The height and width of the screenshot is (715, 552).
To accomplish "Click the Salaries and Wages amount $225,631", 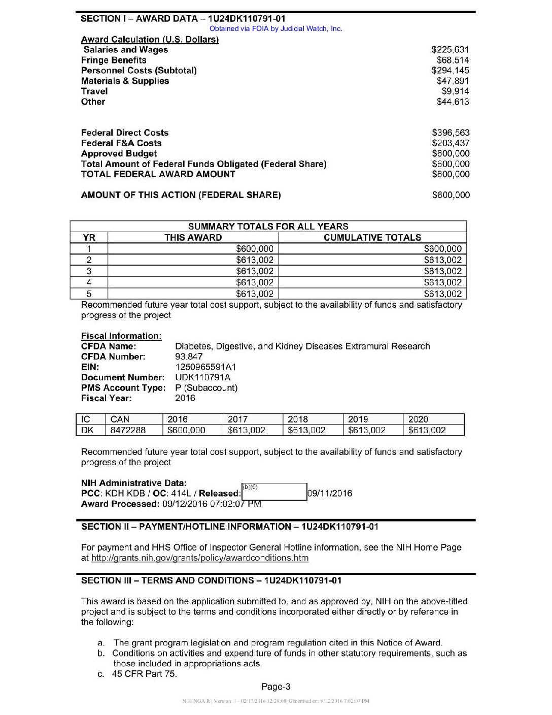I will click(x=450, y=50).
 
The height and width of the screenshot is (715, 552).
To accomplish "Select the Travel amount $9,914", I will click(x=455, y=91).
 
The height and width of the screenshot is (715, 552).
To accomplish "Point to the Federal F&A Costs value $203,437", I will click(x=451, y=143).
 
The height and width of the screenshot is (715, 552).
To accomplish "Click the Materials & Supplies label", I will click(x=125, y=81).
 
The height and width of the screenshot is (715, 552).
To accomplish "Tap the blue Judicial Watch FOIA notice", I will click(x=275, y=29).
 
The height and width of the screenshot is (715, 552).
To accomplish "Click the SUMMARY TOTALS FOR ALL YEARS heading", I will click(x=268, y=226).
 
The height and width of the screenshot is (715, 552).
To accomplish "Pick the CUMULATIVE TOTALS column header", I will click(x=372, y=238).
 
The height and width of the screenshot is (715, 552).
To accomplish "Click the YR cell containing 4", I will click(x=89, y=282).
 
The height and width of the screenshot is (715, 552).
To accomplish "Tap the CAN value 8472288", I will click(x=128, y=430).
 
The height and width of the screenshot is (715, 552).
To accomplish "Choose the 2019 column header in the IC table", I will click(x=358, y=419).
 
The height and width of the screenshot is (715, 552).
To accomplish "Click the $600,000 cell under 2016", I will click(x=186, y=430).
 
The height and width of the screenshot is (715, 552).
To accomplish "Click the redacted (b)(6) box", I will click(x=274, y=492).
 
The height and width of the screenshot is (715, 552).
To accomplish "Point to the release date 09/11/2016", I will click(x=330, y=493).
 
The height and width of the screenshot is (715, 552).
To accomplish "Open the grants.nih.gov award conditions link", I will click(x=199, y=558).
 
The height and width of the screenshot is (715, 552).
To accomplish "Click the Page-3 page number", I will click(x=275, y=687).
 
